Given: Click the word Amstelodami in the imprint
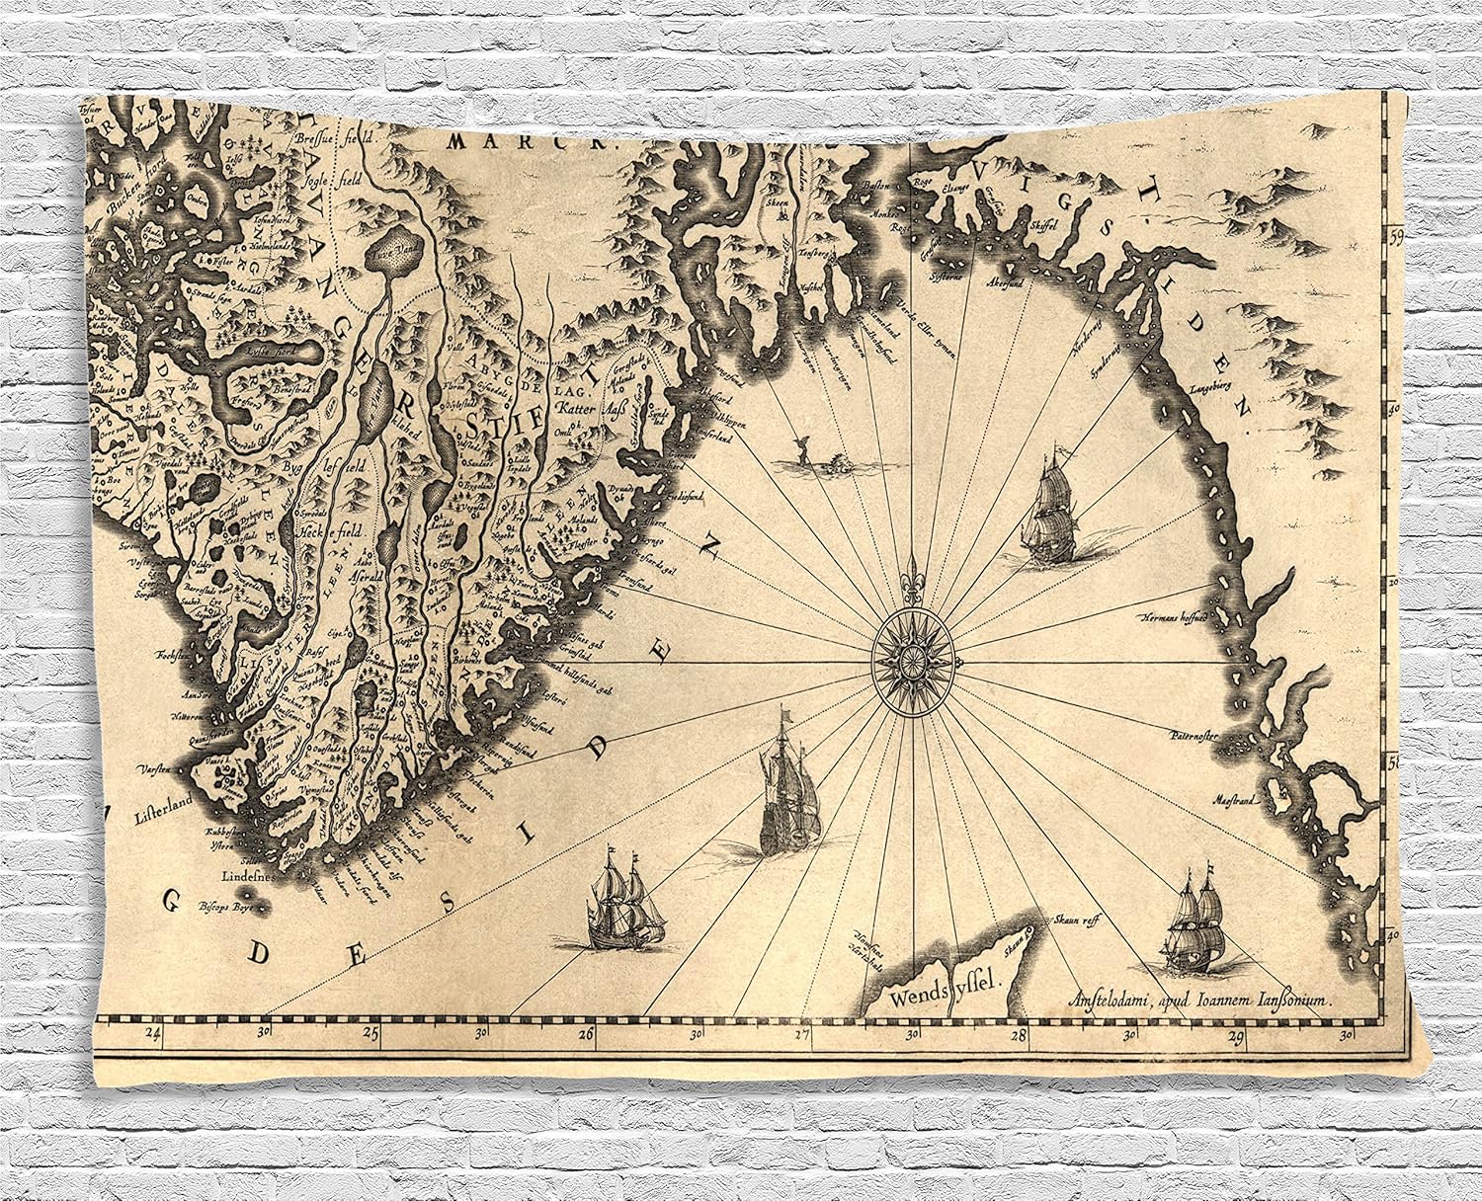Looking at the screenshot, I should (x=1097, y=1000).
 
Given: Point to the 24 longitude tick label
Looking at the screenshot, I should (x=152, y=1034).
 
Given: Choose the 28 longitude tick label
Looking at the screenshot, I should (x=1020, y=1034).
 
